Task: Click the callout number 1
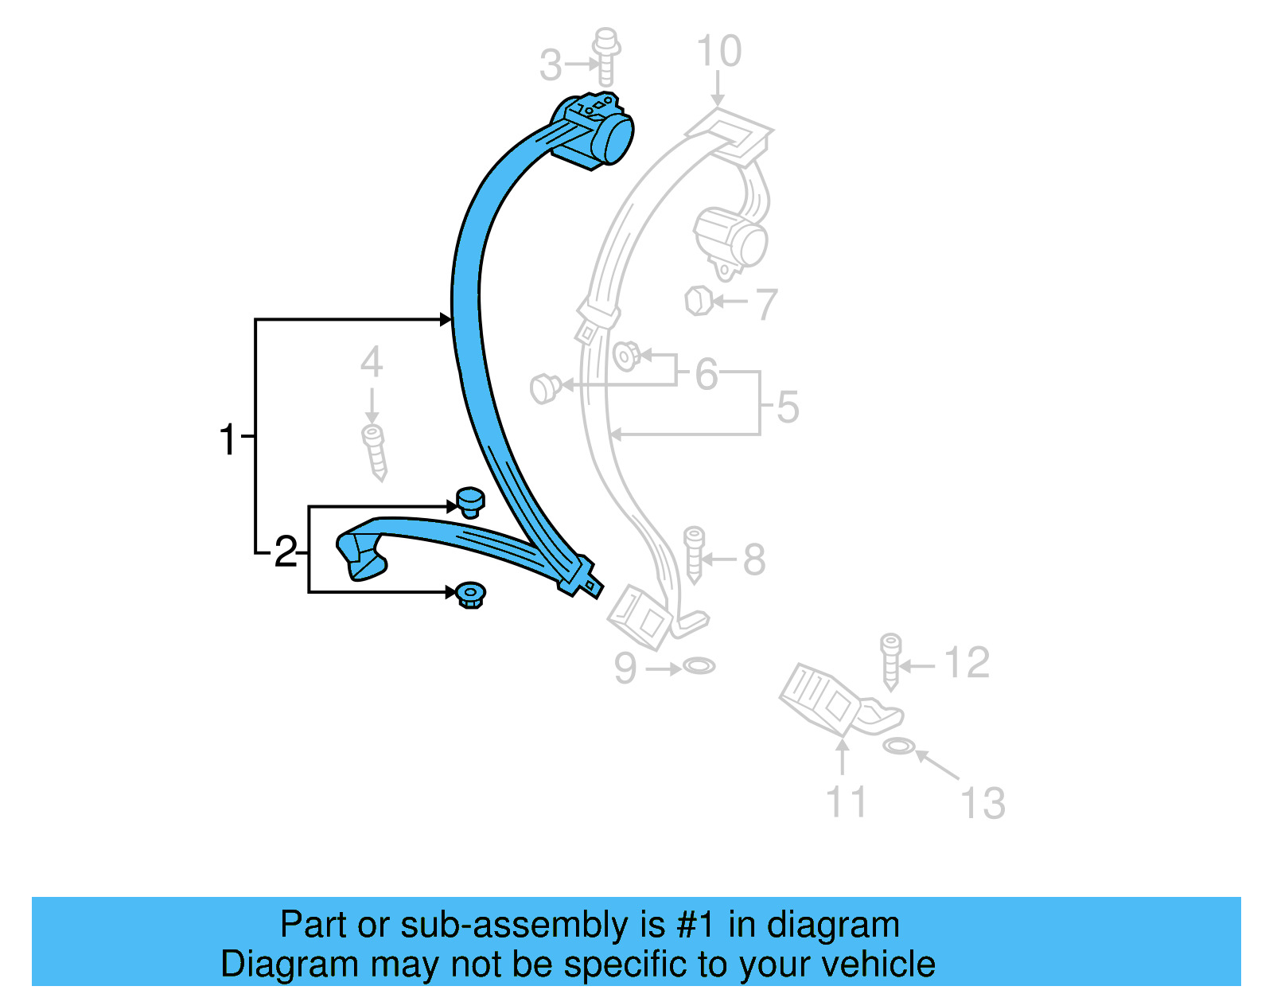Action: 228,439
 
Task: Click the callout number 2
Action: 286,552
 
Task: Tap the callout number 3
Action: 550,65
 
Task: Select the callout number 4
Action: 372,363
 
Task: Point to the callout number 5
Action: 787,407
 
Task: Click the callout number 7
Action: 765,304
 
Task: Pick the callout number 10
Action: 718,52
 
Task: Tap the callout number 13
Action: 983,803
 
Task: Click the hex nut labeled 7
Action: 698,301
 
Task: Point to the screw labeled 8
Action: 694,554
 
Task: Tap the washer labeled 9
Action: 699,665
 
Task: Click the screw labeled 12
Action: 891,661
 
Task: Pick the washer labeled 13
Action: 897,746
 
